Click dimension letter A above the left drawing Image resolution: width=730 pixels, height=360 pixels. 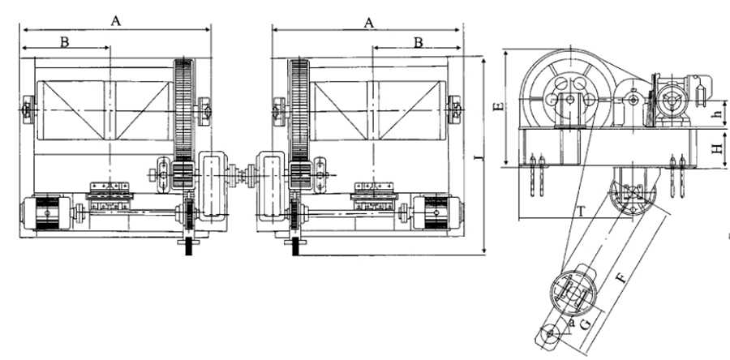[x=115, y=21]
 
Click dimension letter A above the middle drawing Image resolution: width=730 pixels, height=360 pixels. [x=369, y=23]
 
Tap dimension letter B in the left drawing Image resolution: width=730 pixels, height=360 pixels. [x=65, y=42]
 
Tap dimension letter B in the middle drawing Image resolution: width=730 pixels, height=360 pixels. [x=419, y=42]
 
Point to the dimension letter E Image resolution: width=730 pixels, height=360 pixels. [x=499, y=106]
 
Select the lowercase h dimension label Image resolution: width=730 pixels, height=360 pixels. [x=718, y=113]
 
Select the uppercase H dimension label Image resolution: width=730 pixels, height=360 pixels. [x=719, y=148]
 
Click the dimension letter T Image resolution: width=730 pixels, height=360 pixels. [x=580, y=212]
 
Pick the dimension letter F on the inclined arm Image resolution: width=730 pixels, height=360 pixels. [x=620, y=279]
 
